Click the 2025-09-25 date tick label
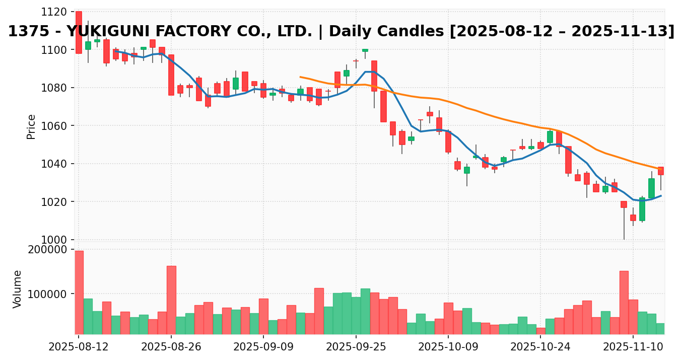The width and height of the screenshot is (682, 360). [356, 347]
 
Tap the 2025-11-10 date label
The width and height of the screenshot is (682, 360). [633, 347]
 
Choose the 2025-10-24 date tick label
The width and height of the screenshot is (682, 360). [540, 347]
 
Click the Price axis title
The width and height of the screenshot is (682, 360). [31, 126]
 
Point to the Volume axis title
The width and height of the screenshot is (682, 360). [18, 289]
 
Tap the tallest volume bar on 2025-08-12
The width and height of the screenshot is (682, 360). [79, 292]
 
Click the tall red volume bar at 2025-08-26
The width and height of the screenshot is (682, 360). [171, 300]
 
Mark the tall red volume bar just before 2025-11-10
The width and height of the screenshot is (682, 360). [624, 302]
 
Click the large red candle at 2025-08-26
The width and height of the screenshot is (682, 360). [171, 75]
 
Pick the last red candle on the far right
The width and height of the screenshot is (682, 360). [661, 171]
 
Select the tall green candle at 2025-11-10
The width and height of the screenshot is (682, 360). [642, 209]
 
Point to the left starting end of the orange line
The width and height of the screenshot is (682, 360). [300, 77]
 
